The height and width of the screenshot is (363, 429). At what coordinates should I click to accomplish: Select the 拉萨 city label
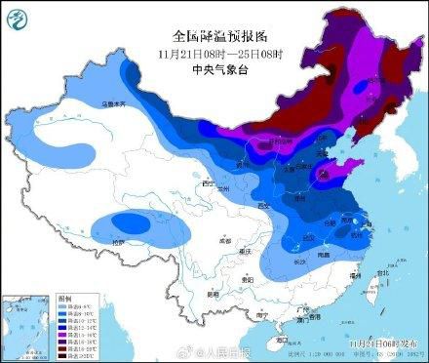click(x=120, y=240)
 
